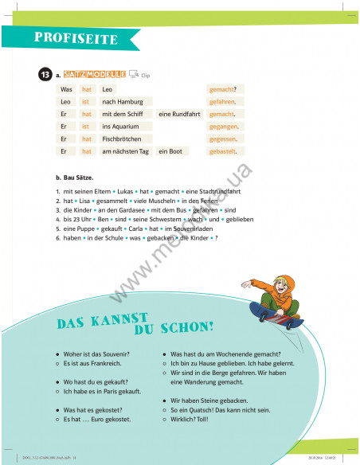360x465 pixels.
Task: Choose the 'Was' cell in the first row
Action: coord(66,89)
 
